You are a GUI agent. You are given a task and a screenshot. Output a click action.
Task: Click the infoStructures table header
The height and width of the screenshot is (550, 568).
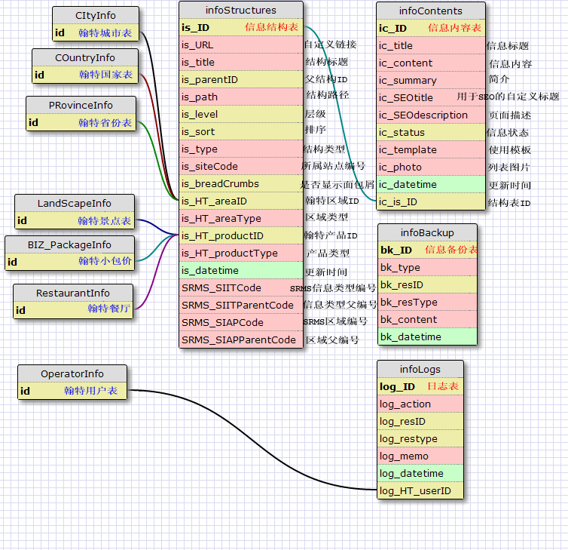[240, 11]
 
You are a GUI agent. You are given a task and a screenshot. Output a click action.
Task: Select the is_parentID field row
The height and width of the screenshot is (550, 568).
[240, 79]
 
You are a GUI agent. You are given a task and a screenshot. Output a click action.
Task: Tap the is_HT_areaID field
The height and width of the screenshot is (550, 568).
[240, 201]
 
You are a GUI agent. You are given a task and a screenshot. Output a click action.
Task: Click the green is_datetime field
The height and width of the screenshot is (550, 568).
[240, 270]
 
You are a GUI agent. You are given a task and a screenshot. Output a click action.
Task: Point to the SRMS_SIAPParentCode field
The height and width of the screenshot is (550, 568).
[240, 340]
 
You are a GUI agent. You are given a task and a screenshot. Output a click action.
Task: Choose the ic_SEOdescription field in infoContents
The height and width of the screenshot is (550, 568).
[430, 115]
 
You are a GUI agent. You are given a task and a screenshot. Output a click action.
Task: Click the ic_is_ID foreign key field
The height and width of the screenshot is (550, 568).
[430, 202]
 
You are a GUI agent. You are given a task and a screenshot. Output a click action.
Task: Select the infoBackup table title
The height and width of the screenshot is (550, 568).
[426, 232]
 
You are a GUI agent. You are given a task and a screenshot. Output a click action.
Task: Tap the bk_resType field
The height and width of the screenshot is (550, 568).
[426, 302]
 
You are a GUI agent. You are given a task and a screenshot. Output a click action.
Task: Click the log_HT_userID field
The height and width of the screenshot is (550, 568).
[420, 491]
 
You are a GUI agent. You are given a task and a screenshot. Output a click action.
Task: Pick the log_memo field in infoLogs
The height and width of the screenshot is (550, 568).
[420, 456]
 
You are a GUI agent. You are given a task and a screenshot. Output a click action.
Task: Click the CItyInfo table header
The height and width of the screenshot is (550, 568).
[96, 16]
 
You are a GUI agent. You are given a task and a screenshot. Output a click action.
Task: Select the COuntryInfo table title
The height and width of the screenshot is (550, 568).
[85, 58]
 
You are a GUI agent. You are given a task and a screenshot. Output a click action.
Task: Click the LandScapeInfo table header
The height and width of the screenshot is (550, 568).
[75, 204]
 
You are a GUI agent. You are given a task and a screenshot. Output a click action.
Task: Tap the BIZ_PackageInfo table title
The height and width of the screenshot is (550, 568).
[69, 245]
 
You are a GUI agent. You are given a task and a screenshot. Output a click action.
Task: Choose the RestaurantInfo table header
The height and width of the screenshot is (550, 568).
[73, 293]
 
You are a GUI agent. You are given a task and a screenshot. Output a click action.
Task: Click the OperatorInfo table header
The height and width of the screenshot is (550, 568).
[72, 374]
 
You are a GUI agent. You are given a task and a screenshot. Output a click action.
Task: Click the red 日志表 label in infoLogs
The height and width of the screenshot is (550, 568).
[443, 386]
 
